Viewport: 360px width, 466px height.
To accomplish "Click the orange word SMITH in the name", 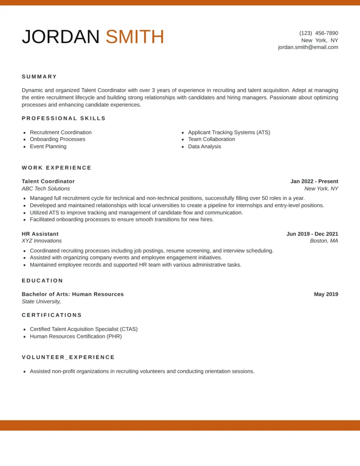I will pyautogui.click(x=135, y=37).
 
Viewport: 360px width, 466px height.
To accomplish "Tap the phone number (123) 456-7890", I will pyautogui.click(x=319, y=33).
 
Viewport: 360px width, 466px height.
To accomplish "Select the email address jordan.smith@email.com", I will pyautogui.click(x=308, y=47).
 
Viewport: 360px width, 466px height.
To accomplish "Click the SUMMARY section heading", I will pyautogui.click(x=40, y=76).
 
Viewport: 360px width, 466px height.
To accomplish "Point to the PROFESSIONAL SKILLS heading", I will pyautogui.click(x=64, y=118).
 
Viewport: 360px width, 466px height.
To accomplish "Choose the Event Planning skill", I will pyautogui.click(x=48, y=147).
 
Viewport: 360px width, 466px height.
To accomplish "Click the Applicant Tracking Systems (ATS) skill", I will pyautogui.click(x=229, y=132).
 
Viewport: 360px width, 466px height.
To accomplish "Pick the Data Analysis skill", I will pyautogui.click(x=204, y=147).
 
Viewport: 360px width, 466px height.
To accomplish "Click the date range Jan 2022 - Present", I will pyautogui.click(x=314, y=182).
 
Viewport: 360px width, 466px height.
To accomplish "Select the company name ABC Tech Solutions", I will pyautogui.click(x=46, y=188).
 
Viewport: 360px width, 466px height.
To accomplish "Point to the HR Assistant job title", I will pyautogui.click(x=40, y=234).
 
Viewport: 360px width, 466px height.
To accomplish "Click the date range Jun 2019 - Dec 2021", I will pyautogui.click(x=312, y=234).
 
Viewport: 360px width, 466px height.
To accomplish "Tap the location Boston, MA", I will pyautogui.click(x=324, y=241).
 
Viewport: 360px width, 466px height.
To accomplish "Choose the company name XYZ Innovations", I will pyautogui.click(x=42, y=241).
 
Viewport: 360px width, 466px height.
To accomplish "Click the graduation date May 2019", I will pyautogui.click(x=326, y=294).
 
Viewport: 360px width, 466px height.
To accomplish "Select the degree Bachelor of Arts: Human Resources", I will pyautogui.click(x=73, y=294).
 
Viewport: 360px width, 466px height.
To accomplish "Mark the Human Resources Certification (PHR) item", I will pyautogui.click(x=76, y=337).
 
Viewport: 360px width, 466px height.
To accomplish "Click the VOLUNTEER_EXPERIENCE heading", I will pyautogui.click(x=68, y=357).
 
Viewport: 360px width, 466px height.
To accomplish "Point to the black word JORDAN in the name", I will pyautogui.click(x=61, y=37).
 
